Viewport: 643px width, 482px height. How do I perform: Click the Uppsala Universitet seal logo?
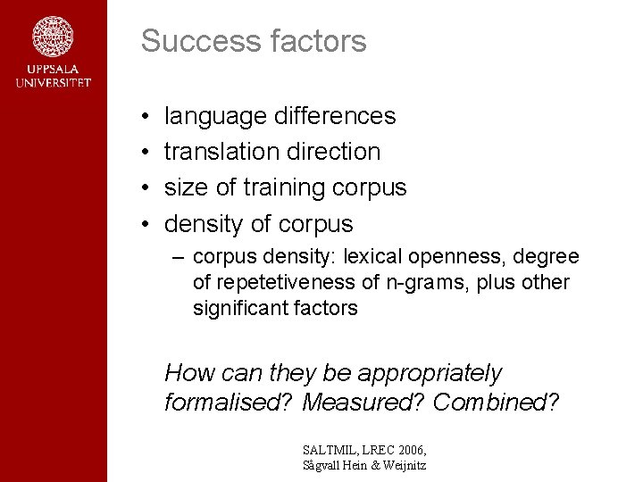pyautogui.click(x=53, y=37)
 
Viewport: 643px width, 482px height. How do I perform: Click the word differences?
pyautogui.click(x=335, y=116)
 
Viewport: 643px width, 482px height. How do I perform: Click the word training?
pyautogui.click(x=284, y=188)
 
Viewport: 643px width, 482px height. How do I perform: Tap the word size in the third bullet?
pyautogui.click(x=185, y=187)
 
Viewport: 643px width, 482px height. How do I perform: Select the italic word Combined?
pyautogui.click(x=496, y=403)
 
